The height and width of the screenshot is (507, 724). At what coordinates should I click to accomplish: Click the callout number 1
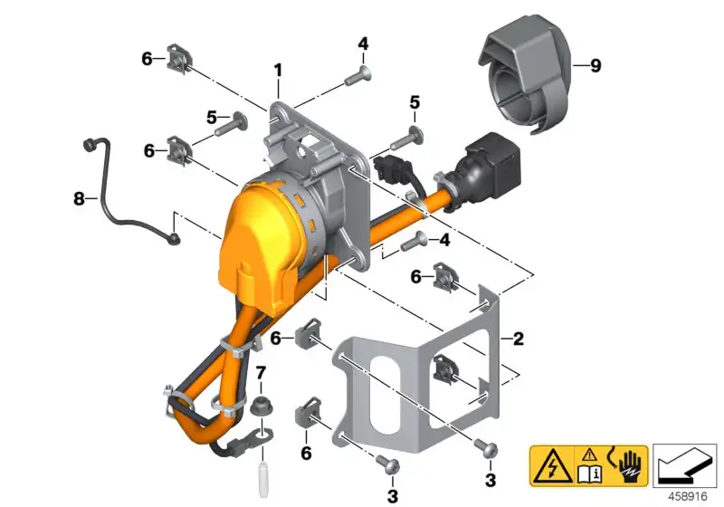pyautogui.click(x=278, y=71)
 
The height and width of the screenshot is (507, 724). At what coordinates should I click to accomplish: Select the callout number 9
pyautogui.click(x=595, y=65)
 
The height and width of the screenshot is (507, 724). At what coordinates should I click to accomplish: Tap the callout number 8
pyautogui.click(x=79, y=199)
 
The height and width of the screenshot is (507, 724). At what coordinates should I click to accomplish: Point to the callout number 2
pyautogui.click(x=519, y=339)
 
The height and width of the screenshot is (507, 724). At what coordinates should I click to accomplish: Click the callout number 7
pyautogui.click(x=261, y=372)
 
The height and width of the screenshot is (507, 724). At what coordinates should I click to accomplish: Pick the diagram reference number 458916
pyautogui.click(x=688, y=496)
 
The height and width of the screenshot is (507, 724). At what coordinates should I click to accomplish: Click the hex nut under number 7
pyautogui.click(x=262, y=407)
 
